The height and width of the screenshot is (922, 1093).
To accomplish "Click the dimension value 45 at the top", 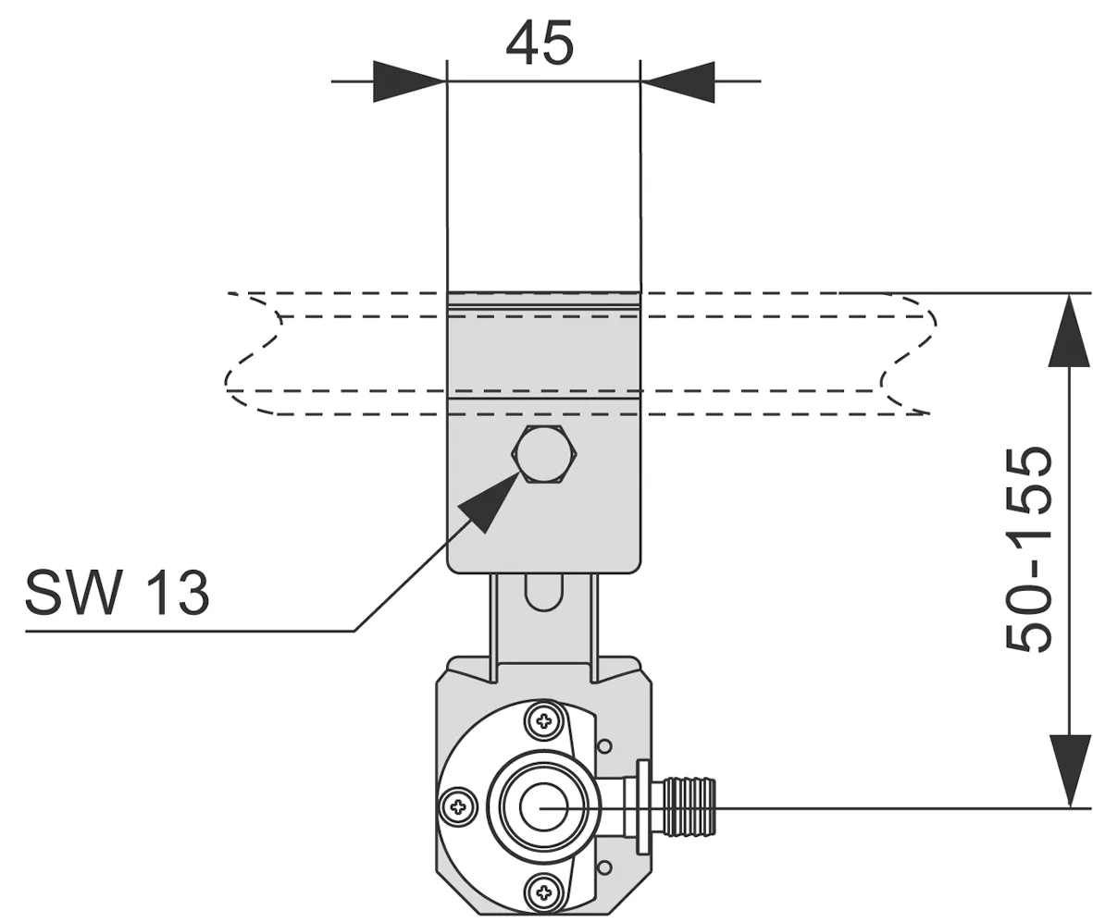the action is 540,43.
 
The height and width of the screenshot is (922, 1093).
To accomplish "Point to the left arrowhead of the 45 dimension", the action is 410,81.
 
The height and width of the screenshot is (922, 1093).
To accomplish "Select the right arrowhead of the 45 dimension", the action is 677,81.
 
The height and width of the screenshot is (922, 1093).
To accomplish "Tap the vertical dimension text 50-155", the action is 1028,550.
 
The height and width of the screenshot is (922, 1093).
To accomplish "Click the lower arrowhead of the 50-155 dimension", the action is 1069,771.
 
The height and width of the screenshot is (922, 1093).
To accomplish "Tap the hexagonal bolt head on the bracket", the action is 545,453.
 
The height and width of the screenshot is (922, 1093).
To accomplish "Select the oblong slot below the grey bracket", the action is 543,592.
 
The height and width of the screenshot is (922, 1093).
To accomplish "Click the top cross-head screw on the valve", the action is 544,721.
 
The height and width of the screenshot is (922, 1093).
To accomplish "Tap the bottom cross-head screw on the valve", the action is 544,891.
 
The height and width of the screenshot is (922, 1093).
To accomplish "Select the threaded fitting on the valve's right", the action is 689,807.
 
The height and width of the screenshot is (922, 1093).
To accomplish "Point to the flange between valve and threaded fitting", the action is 643,807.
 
